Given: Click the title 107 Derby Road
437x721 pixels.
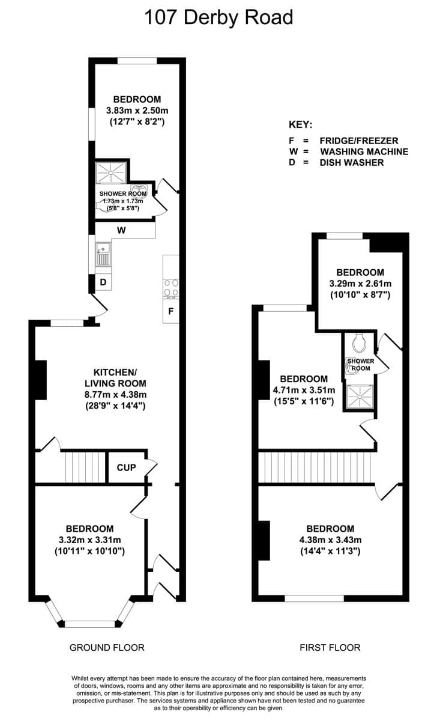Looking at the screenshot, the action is point(218,17).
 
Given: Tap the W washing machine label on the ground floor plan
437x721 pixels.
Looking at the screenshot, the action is point(121,230).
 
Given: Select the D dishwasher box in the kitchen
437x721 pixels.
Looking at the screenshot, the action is point(103,282).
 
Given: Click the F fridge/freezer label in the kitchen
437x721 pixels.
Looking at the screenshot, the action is point(170,311).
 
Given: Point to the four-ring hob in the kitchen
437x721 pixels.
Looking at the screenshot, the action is point(171,287).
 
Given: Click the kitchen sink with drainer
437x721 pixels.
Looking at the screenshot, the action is point(103,254).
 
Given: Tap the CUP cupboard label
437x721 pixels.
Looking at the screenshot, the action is point(126,467).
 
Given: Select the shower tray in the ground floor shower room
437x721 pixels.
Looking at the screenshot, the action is point(110,172).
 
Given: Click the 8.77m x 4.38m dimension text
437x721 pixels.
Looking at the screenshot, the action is point(115,394).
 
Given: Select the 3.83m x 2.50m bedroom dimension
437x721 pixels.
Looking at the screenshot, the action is point(137,111).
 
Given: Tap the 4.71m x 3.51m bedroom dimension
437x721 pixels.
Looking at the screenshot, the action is point(304,390).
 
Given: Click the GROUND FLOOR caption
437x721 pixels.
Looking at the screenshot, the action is point(107,647).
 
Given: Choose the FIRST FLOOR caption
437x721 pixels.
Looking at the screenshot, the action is point(330,647).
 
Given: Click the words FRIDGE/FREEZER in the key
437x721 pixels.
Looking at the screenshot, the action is point(359,141).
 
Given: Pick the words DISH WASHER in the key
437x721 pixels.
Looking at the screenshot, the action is point(352,163).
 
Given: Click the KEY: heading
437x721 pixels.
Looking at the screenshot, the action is point(300,124).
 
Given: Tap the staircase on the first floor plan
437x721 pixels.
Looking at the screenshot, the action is point(315,467).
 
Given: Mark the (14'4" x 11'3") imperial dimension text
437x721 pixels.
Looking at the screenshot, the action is point(330,551).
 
